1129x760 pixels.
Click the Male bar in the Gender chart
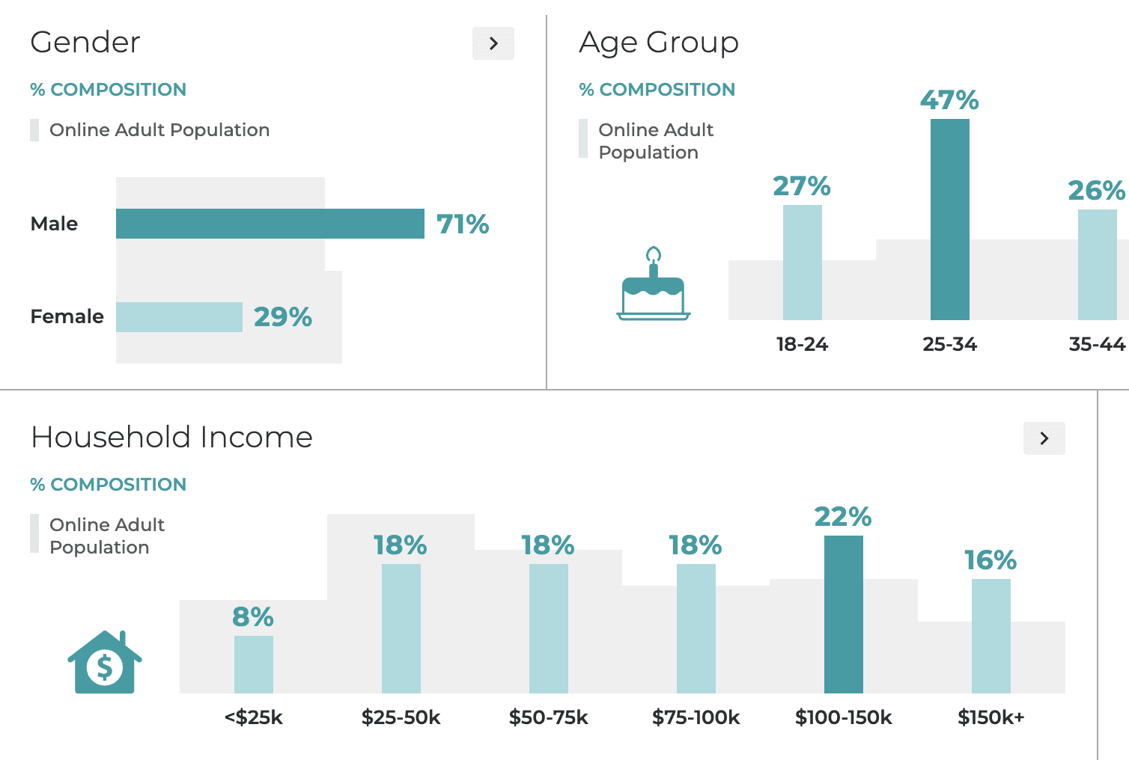270,224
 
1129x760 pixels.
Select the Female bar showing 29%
179,317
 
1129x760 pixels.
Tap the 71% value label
463,224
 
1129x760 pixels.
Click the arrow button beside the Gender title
493,43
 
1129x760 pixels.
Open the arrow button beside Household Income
1044,438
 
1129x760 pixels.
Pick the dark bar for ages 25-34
949,219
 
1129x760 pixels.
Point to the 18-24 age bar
802,263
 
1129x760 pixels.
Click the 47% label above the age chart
949,100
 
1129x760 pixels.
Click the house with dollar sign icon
105,663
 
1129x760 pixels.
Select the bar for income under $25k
254,664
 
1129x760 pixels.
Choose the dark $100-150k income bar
843,614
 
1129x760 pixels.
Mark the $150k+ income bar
990,636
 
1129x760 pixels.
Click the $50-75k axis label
548,718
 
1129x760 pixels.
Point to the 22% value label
843,517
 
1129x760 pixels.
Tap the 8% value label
253,617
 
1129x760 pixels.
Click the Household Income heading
171,438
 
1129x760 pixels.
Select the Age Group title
659,43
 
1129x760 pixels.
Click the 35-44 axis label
1097,345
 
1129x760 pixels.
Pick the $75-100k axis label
696,718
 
